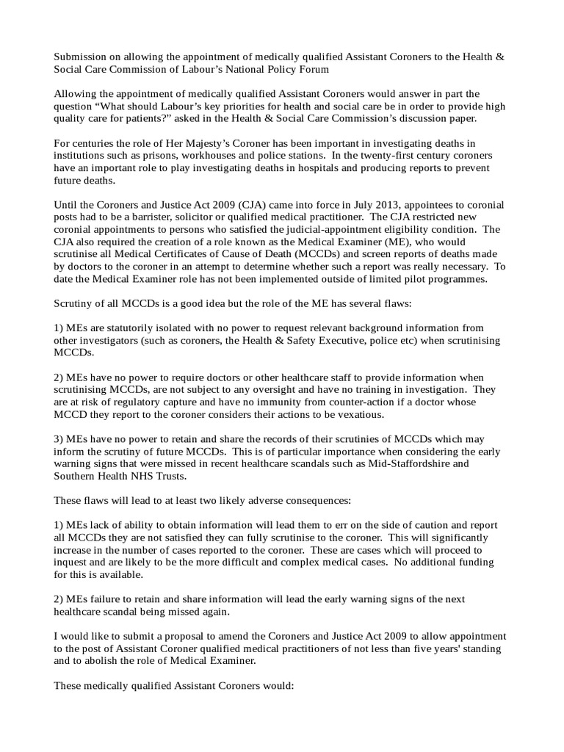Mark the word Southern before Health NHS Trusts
coord(77,478)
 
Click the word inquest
coord(73,564)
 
